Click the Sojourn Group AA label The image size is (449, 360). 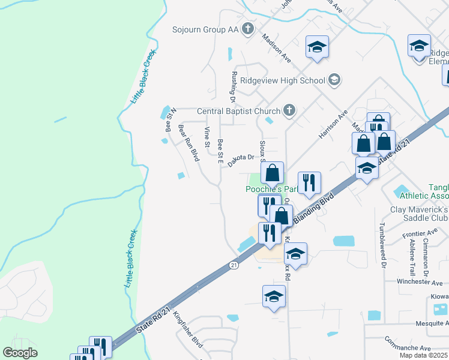pos(205,29)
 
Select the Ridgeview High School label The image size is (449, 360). pos(282,80)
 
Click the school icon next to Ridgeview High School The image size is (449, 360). pos(334,80)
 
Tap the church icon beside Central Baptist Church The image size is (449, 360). pos(289,110)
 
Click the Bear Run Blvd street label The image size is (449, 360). pos(188,143)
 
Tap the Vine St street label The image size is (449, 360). pos(207,137)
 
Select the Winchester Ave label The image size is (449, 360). pos(420,282)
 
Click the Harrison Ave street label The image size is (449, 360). pos(333,124)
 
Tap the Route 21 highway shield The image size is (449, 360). pos(234,265)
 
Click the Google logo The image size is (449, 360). pos(20,353)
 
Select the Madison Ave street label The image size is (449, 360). pos(276,47)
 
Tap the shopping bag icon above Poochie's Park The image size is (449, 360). pos(273,173)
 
